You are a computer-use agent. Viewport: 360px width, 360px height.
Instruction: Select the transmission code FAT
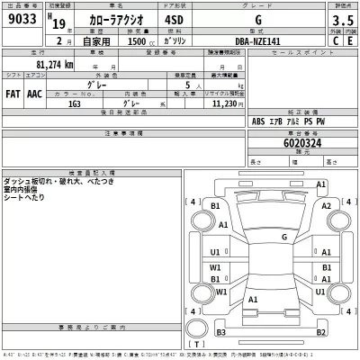13,93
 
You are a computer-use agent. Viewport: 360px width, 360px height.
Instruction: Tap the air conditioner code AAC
34,93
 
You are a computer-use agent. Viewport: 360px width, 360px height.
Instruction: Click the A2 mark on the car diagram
326,205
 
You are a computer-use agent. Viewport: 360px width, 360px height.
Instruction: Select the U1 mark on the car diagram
214,251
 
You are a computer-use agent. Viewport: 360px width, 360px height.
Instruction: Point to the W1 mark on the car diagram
214,267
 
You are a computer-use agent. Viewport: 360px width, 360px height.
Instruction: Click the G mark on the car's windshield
283,238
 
